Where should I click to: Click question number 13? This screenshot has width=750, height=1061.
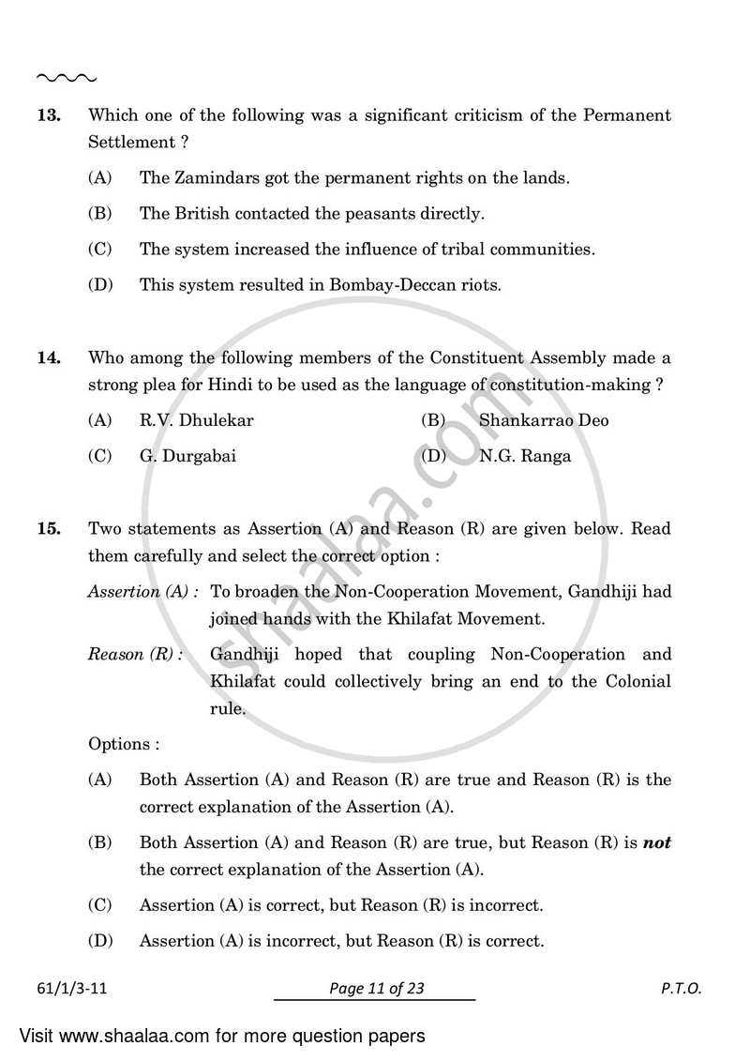click(49, 115)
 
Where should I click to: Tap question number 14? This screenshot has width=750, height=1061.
click(49, 357)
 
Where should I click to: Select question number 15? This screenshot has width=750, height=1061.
click(49, 528)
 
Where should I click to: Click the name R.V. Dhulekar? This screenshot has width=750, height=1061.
click(197, 420)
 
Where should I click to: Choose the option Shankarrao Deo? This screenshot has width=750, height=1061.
click(544, 420)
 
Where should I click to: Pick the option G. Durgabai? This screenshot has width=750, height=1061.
click(187, 456)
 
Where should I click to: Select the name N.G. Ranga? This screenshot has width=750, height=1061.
click(525, 456)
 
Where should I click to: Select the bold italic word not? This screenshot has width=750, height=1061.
click(657, 842)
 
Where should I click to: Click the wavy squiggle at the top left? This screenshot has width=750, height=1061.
click(66, 77)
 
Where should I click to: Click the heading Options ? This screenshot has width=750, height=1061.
click(124, 744)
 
